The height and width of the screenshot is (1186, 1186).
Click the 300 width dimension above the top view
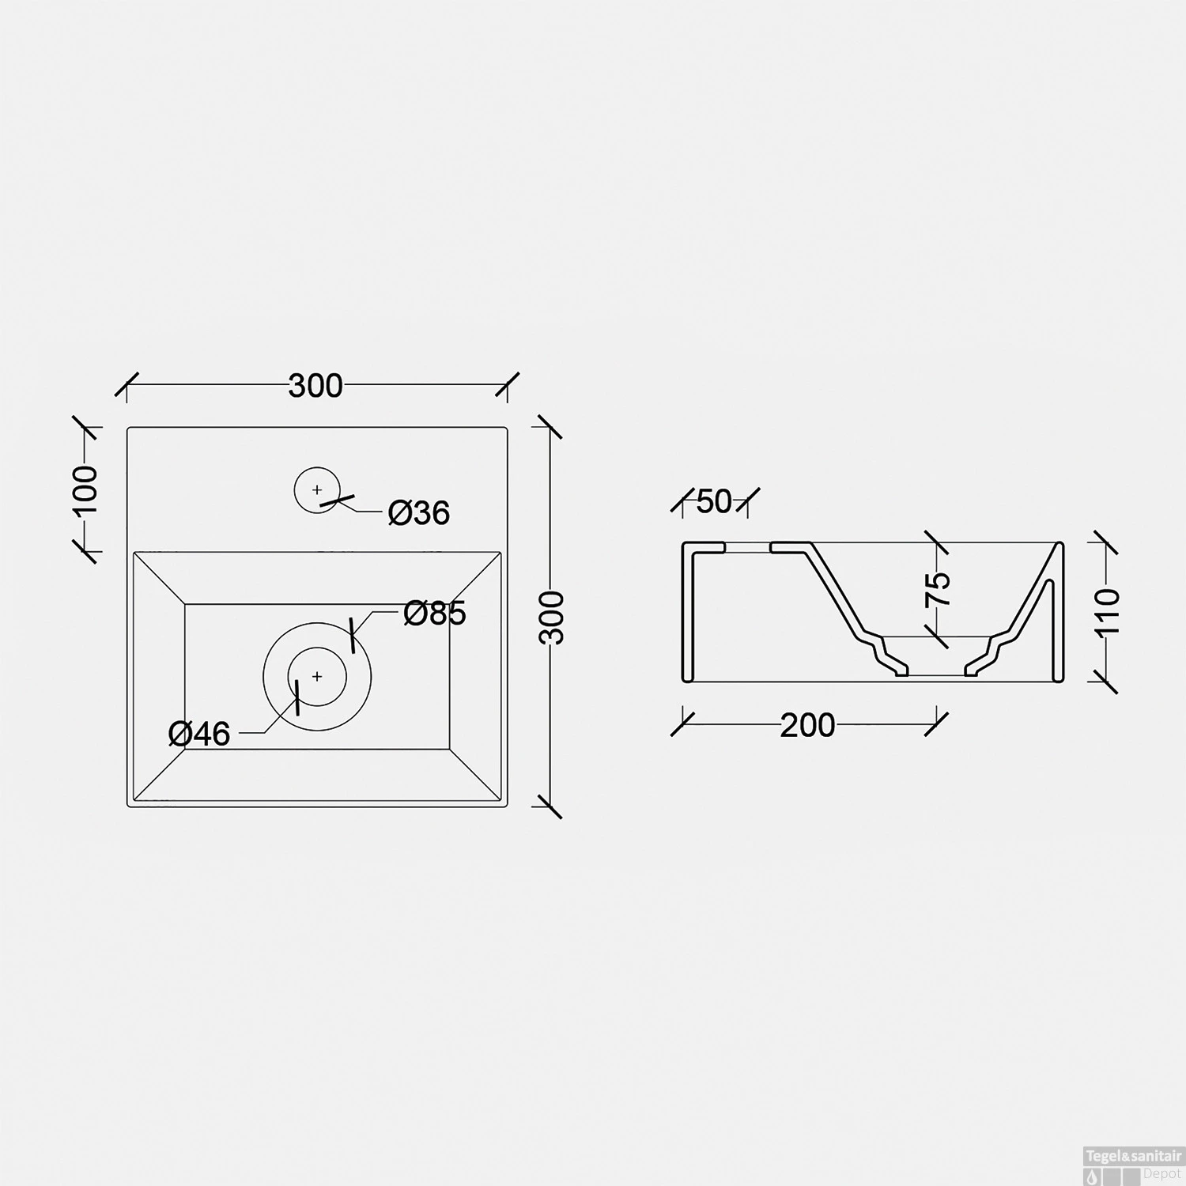point(315,386)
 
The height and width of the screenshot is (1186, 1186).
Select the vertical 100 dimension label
point(86,490)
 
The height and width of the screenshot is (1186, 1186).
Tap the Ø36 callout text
point(418,513)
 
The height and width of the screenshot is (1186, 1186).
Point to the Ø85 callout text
point(434,613)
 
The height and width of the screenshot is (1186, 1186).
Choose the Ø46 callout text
point(199,734)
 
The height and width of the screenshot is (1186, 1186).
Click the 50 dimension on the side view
point(714,501)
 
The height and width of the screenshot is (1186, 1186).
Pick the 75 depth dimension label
point(939,589)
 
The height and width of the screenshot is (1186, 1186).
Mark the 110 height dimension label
point(1109,610)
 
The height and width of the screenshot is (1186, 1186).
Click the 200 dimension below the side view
point(807,725)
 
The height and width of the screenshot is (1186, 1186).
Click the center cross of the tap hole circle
point(317,490)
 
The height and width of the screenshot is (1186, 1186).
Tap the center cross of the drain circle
point(317,677)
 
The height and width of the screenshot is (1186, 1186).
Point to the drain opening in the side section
point(936,674)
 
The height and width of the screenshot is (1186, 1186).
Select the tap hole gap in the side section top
point(748,545)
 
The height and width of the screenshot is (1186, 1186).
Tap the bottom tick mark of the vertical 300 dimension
point(547,806)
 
